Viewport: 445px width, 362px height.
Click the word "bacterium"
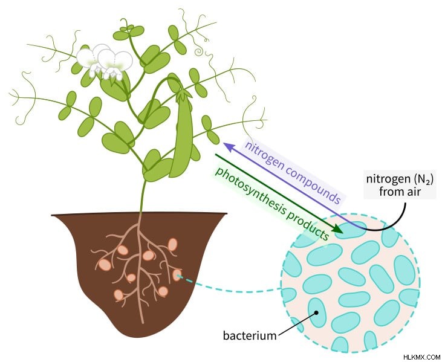point(250,335)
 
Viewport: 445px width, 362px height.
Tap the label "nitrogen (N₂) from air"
point(400,186)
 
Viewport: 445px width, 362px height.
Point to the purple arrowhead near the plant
point(229,146)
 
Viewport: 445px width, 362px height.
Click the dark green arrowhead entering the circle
point(338,228)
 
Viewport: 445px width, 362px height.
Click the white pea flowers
point(105,62)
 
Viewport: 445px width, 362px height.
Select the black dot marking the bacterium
point(316,312)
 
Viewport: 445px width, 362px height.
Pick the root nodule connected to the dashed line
point(177,274)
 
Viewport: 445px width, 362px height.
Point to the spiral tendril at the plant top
point(199,51)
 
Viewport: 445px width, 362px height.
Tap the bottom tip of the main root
point(142,323)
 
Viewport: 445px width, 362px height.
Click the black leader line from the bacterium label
point(297,325)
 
